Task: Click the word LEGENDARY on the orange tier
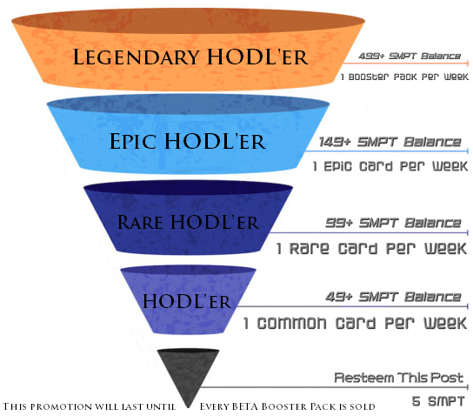click(x=136, y=57)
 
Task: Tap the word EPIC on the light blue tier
click(x=133, y=141)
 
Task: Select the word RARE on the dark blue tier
click(x=140, y=223)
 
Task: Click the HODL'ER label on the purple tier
click(x=187, y=301)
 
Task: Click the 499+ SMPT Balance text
click(x=410, y=57)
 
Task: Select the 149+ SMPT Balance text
click(x=390, y=142)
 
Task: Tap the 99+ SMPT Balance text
click(x=393, y=223)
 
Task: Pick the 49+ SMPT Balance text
click(x=393, y=297)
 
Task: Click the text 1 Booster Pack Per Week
click(x=404, y=77)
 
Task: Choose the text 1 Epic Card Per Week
click(x=390, y=166)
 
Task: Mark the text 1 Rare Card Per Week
click(x=372, y=248)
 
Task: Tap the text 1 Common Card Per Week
click(x=356, y=323)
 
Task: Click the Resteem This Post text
click(x=398, y=378)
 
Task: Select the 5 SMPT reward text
click(x=438, y=401)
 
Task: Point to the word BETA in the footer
click(x=245, y=406)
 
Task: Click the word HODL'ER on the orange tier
click(x=257, y=57)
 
